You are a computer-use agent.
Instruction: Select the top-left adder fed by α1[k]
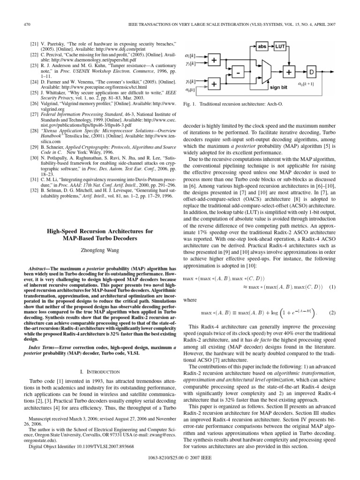click(214, 61)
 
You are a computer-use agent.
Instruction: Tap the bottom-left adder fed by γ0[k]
click(214, 84)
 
